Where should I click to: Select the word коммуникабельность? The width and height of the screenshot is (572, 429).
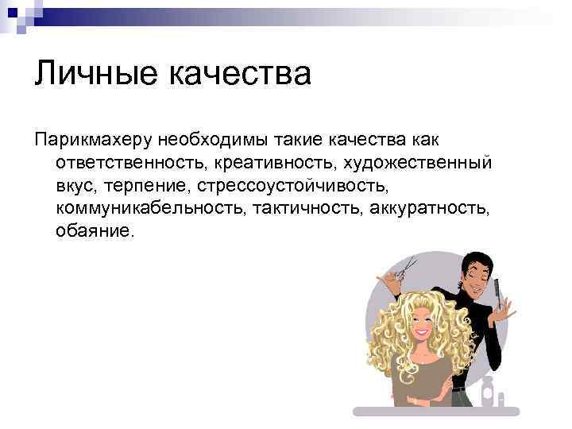tap(150, 208)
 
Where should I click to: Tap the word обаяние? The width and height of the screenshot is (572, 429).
tap(95, 231)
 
